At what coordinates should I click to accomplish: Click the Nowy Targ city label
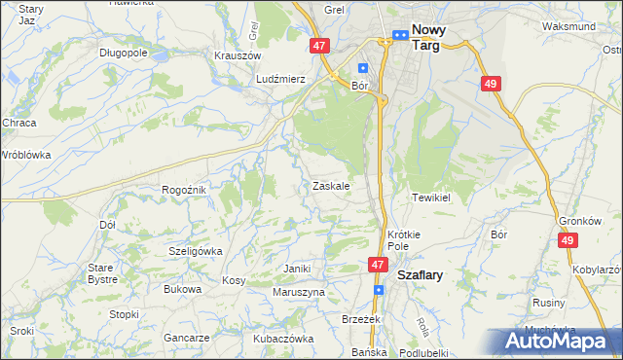[425, 37]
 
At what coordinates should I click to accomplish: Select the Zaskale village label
[331, 185]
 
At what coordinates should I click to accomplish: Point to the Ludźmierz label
[281, 79]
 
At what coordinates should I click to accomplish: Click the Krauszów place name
[237, 56]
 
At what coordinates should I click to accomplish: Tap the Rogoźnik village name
[184, 190]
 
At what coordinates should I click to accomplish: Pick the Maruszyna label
[299, 292]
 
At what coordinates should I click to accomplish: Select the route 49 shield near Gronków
[568, 239]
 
